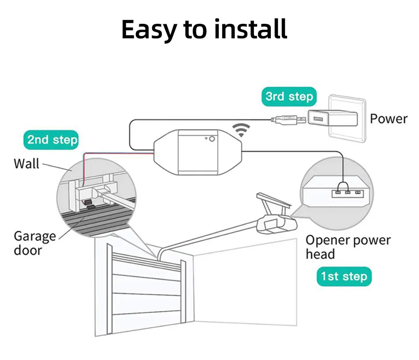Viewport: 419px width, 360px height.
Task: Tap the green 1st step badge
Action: click(x=344, y=277)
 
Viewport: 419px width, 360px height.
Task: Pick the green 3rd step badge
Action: click(x=289, y=96)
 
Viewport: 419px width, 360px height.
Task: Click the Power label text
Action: click(x=389, y=119)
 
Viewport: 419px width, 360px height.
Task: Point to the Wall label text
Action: click(x=26, y=163)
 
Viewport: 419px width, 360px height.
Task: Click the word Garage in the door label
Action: click(x=35, y=236)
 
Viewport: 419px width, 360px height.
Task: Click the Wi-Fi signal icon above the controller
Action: click(x=241, y=130)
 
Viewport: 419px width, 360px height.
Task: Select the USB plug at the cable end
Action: click(x=287, y=119)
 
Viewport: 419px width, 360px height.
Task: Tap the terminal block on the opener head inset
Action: click(x=348, y=192)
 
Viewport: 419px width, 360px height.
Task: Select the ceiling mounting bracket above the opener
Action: click(x=270, y=203)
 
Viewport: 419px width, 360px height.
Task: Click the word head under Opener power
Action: click(x=320, y=254)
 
